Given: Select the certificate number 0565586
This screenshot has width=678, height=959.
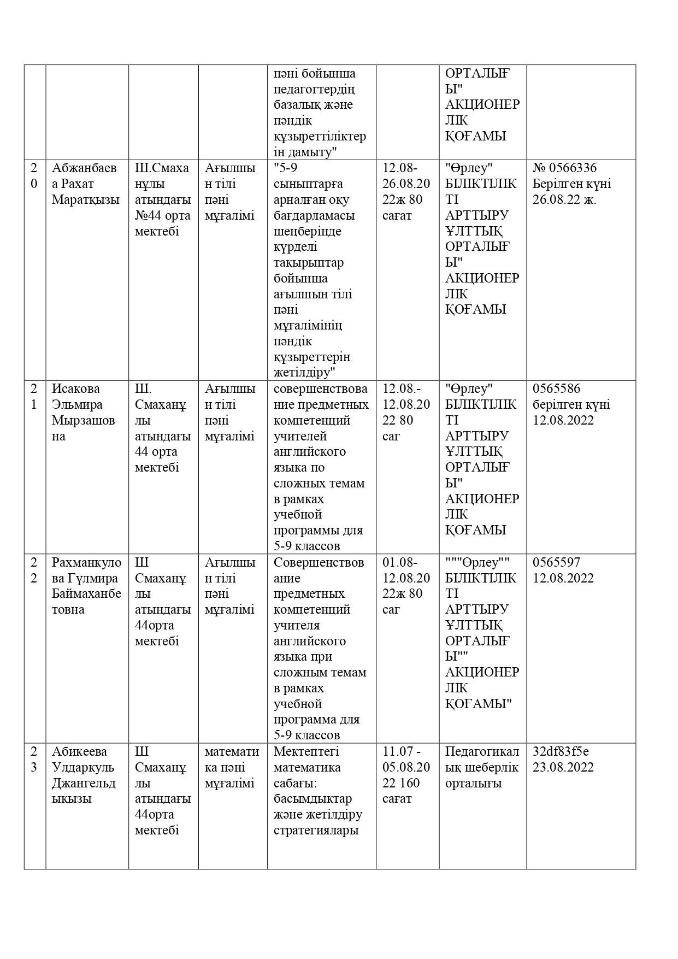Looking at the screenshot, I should [x=556, y=389].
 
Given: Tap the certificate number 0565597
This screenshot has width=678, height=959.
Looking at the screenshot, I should [x=556, y=562].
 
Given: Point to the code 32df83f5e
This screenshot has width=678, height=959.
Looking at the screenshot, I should [x=561, y=751].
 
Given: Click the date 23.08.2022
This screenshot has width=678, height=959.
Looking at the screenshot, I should [x=563, y=767].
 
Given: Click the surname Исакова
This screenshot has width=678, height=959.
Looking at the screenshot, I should [x=76, y=389].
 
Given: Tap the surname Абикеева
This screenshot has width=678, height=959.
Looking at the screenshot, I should [x=79, y=751].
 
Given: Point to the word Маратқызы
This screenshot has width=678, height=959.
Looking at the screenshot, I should [x=85, y=199].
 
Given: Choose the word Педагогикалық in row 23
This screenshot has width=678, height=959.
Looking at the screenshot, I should [x=482, y=759].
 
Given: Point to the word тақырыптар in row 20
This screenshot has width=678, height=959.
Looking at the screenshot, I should [x=308, y=262].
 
